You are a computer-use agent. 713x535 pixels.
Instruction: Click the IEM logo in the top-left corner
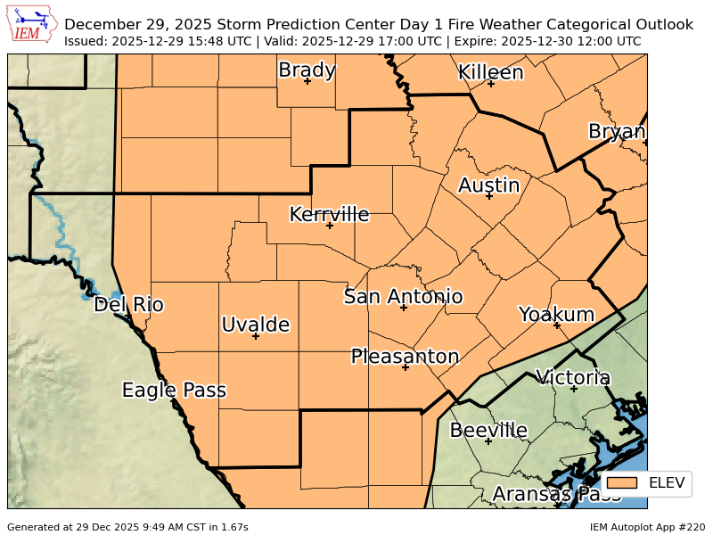tap(31, 25)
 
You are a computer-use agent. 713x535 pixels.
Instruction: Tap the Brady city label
tap(307, 70)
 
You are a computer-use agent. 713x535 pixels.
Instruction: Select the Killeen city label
tap(490, 72)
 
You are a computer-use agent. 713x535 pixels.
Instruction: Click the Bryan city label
tap(616, 132)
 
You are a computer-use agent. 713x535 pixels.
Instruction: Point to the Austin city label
tap(488, 185)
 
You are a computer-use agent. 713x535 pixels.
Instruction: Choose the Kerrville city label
tap(329, 214)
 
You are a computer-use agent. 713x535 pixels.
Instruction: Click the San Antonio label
tap(403, 296)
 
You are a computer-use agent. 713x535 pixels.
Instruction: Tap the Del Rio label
tap(128, 305)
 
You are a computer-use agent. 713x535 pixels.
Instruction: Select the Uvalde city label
tap(255, 325)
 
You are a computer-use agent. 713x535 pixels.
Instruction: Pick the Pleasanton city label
tap(405, 357)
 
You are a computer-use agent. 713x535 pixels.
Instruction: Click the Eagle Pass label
tap(174, 390)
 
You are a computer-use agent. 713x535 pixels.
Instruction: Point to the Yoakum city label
tap(556, 314)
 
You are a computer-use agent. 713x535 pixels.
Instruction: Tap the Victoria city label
tap(572, 377)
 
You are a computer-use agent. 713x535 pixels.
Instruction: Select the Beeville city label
tap(488, 431)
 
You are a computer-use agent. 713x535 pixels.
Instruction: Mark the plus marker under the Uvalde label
tap(255, 336)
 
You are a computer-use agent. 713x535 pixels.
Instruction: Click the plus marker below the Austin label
tap(488, 195)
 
